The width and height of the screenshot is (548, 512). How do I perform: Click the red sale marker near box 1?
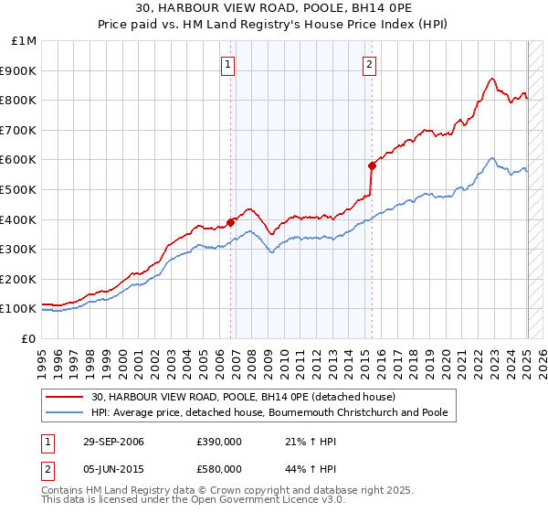[x=231, y=221]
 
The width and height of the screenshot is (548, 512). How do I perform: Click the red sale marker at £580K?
[x=372, y=165]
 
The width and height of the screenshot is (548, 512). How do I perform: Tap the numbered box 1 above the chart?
[x=227, y=64]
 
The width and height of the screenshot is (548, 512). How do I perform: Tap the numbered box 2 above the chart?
[x=369, y=64]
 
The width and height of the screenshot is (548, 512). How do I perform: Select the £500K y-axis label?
[x=19, y=190]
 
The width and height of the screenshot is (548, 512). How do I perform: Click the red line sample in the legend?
[x=65, y=398]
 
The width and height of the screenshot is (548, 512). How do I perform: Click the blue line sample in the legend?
[x=65, y=413]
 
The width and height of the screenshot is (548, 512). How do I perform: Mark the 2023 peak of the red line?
[x=491, y=79]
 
